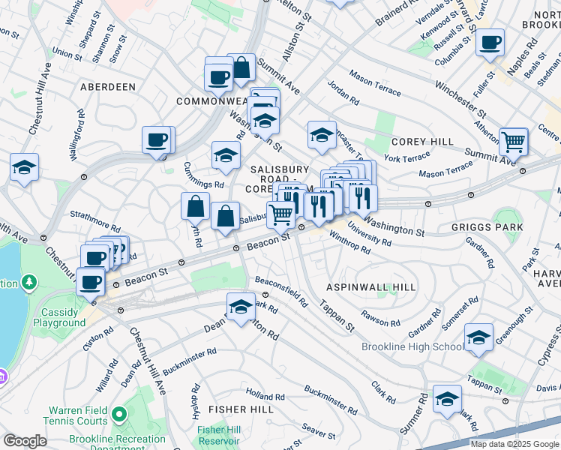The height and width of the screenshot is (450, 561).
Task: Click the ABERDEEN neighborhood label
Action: [x=109, y=87]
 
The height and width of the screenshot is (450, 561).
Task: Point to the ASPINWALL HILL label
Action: [x=361, y=287]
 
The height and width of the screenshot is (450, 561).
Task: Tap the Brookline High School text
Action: [x=412, y=346]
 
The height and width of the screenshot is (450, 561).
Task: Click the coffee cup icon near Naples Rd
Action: [x=490, y=43]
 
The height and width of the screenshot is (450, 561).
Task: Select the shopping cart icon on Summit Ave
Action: [x=513, y=140]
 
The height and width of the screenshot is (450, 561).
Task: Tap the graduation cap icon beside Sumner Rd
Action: [x=448, y=399]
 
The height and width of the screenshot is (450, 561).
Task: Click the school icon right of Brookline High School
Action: [x=478, y=337]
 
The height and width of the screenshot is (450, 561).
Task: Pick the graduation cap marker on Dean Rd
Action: [x=241, y=307]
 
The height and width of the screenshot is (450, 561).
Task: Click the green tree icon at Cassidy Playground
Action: [x=30, y=283]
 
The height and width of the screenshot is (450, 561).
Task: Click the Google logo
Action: [x=25, y=441]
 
